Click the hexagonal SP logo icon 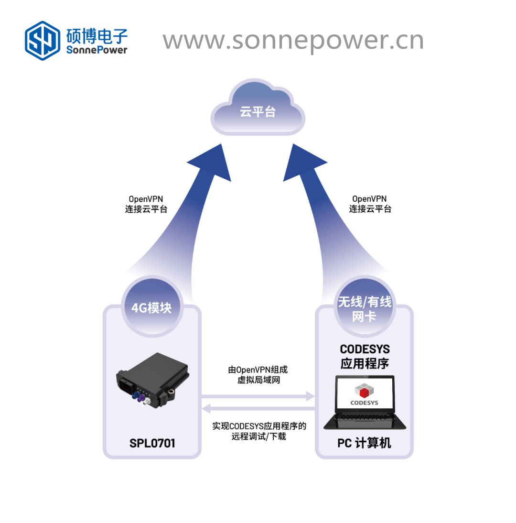pos(43,41)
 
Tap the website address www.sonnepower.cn pos(293,41)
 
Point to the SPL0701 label pos(152,443)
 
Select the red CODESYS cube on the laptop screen pos(365,391)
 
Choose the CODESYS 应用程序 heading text pos(365,357)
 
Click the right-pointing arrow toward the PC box pos(258,396)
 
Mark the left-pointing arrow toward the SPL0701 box pos(258,408)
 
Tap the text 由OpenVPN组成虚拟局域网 pos(258,375)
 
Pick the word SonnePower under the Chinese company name pos(97,50)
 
